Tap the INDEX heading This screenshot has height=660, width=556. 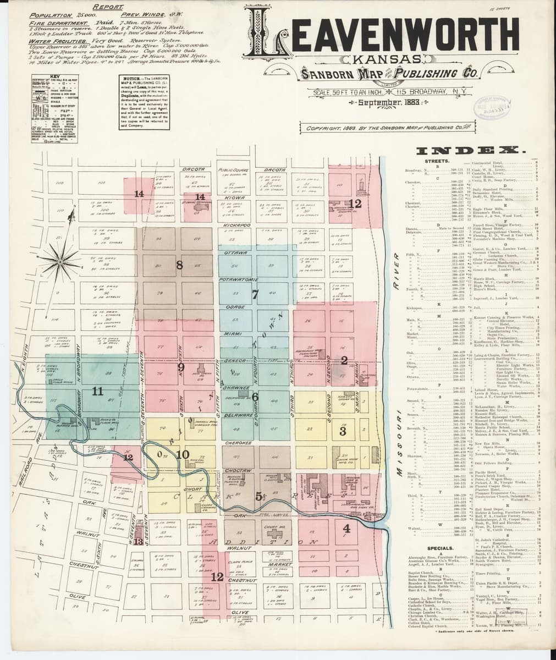(x=472, y=150)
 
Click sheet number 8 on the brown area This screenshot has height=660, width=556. (x=179, y=265)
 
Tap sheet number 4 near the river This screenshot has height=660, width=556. (x=346, y=529)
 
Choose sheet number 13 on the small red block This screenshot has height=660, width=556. (x=139, y=541)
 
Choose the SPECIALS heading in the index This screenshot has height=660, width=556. (x=439, y=548)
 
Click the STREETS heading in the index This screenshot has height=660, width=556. (x=437, y=161)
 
